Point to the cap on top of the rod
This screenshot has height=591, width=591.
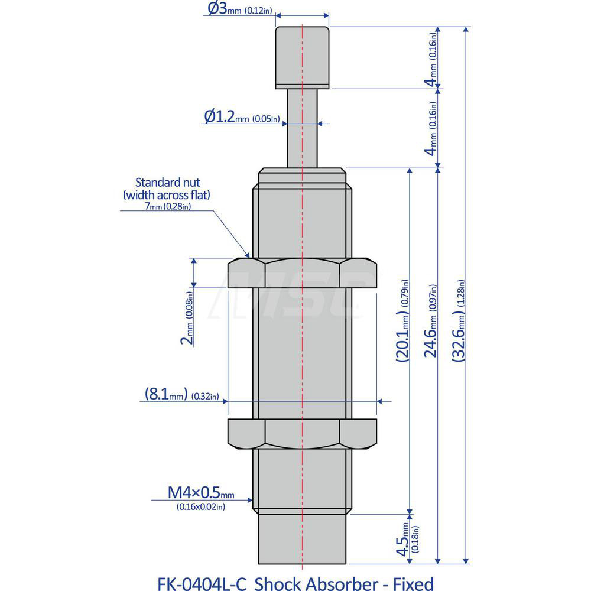tap(302, 56)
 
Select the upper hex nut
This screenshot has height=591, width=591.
tap(302, 273)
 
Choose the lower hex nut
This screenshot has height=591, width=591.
tap(302, 434)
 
